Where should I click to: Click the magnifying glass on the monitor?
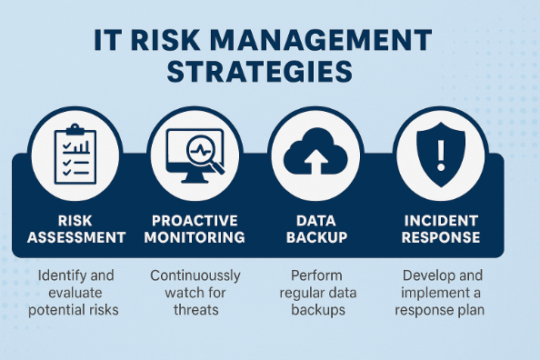[x=205, y=148]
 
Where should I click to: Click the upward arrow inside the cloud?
[x=317, y=162]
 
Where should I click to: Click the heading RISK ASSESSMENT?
[x=76, y=228]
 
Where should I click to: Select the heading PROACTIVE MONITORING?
[x=198, y=228]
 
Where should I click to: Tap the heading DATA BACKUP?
[x=317, y=228]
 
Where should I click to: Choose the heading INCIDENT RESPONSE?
[x=444, y=228]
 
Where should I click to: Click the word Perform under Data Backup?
[x=316, y=274]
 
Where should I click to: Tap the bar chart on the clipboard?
[x=82, y=144]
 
